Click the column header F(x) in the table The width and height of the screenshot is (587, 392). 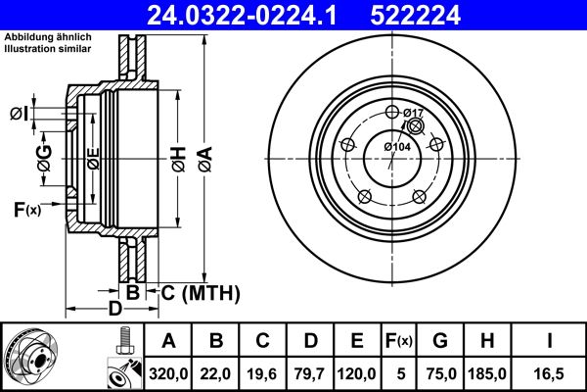pyautogui.click(x=399, y=340)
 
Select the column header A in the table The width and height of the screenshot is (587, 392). pyautogui.click(x=169, y=340)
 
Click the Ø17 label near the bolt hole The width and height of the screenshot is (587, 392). pyautogui.click(x=414, y=114)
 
